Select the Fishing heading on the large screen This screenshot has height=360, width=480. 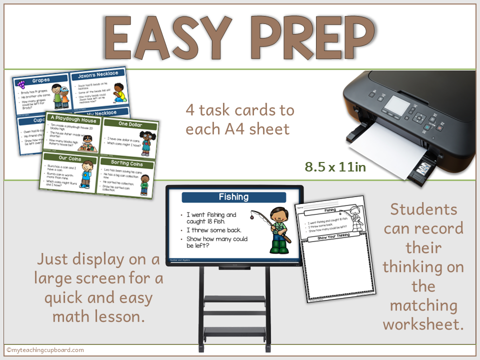click(x=233, y=196)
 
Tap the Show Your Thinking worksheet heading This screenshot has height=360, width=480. click(x=336, y=238)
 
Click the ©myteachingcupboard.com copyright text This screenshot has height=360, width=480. click(x=45, y=350)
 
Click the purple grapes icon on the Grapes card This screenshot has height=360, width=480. click(x=21, y=84)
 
